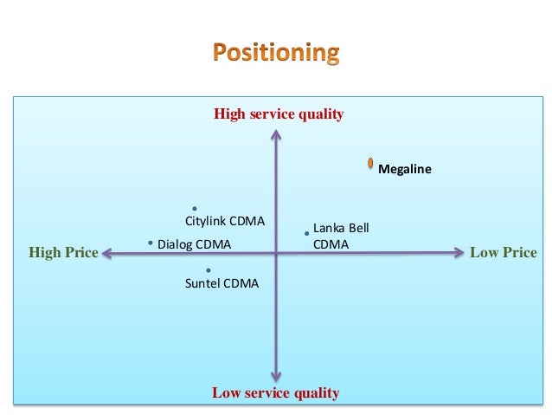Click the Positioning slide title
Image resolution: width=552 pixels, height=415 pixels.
(x=276, y=53)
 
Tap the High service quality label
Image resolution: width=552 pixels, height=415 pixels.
(x=279, y=113)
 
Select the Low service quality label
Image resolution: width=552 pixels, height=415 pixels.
(x=275, y=393)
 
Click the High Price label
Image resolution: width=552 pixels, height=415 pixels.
(x=63, y=253)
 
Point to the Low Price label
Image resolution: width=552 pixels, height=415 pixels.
(x=503, y=253)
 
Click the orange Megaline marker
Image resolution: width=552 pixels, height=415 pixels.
(x=370, y=163)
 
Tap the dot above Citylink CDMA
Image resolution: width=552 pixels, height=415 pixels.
(x=196, y=209)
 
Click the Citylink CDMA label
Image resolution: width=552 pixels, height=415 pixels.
(x=225, y=221)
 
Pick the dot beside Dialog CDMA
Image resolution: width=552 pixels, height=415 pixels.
(x=151, y=243)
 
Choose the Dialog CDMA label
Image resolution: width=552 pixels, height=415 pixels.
(x=194, y=244)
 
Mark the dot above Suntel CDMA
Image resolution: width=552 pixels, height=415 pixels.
(x=209, y=270)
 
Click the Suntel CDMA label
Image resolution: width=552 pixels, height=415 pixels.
(x=221, y=282)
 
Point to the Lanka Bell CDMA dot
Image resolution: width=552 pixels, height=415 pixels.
(x=306, y=233)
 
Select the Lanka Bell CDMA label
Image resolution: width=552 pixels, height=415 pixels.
(x=340, y=236)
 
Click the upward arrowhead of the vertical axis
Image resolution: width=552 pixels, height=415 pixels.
(x=275, y=133)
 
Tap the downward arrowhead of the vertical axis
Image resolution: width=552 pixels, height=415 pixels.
(x=275, y=376)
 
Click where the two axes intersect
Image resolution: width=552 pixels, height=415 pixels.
(x=275, y=253)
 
